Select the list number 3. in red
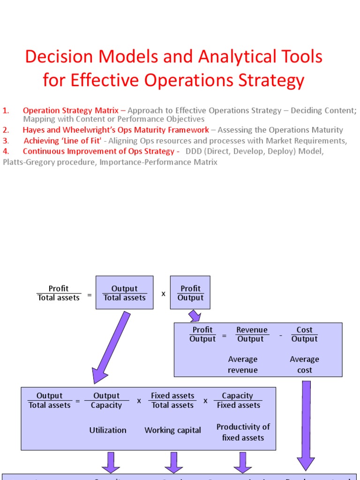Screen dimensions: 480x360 pyautogui.click(x=5, y=141)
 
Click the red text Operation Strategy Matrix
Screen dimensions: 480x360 pyautogui.click(x=70, y=111)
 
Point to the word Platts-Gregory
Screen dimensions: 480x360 pyautogui.click(x=26, y=162)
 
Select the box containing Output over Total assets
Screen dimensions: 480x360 pyautogui.click(x=124, y=293)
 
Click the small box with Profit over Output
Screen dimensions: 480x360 pyautogui.click(x=190, y=293)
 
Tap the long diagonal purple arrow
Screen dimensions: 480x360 pyautogui.click(x=112, y=347)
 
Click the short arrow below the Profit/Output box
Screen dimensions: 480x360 pyautogui.click(x=194, y=316)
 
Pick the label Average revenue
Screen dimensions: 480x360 pyautogui.click(x=243, y=365)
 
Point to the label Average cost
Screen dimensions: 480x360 pyautogui.click(x=304, y=365)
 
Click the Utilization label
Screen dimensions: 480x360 pyautogui.click(x=108, y=430)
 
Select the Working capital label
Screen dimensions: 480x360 pyautogui.click(x=172, y=430)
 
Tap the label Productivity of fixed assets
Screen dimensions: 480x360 pyautogui.click(x=243, y=432)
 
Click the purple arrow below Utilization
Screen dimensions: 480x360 pyautogui.click(x=111, y=462)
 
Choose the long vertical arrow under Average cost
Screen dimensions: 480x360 pyautogui.click(x=306, y=424)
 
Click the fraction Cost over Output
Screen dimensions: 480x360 pyautogui.click(x=304, y=334)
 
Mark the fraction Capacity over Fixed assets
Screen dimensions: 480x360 pyautogui.click(x=238, y=400)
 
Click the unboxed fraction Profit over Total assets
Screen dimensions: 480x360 pyautogui.click(x=59, y=293)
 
